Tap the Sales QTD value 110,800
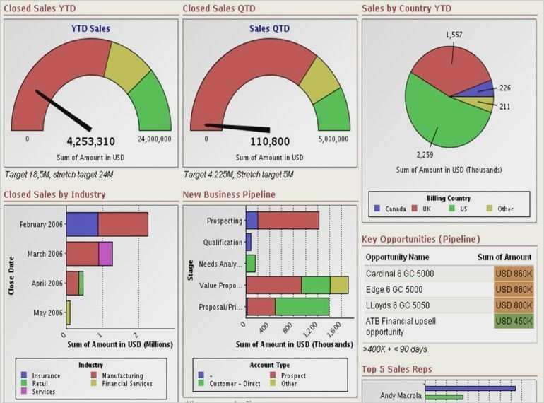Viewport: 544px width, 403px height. [269, 141]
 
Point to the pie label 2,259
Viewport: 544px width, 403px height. [425, 155]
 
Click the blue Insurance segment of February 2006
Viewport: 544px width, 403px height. [82, 224]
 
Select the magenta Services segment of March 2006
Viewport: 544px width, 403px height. [106, 253]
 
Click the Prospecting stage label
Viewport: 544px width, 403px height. [224, 221]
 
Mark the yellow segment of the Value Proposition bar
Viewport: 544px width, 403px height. [339, 284]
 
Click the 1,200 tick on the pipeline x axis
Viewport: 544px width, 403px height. [311, 328]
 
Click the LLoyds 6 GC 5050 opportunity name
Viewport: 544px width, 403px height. [399, 305]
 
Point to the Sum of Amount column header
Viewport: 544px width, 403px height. [504, 257]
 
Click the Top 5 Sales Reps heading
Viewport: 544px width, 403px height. [396, 369]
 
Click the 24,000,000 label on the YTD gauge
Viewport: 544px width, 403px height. [154, 139]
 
